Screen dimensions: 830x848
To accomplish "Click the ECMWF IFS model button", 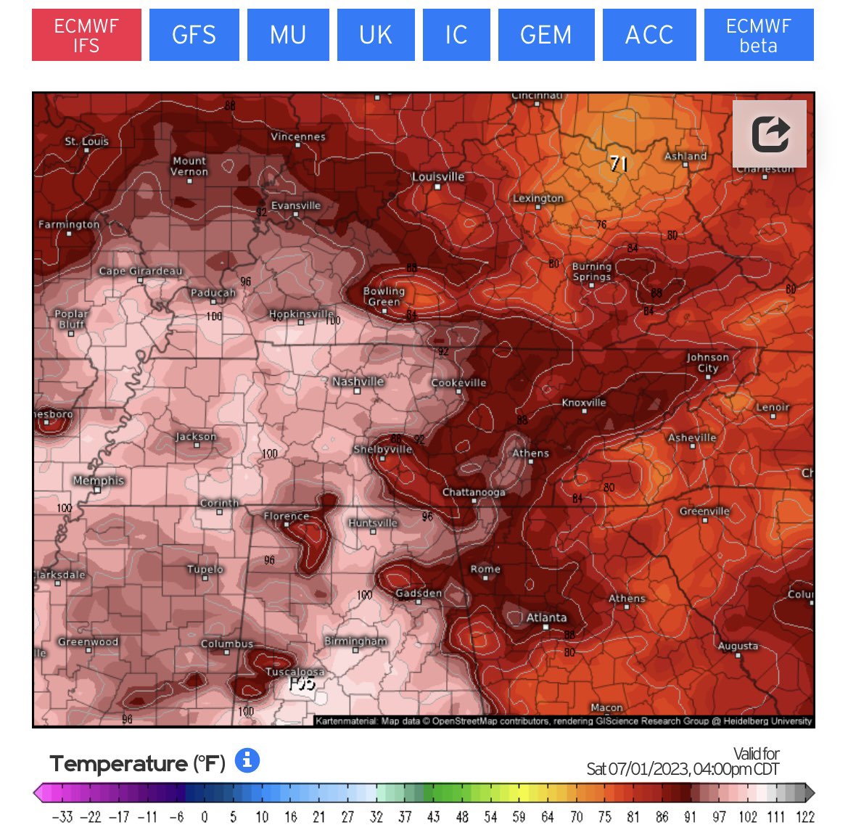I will [x=86, y=36].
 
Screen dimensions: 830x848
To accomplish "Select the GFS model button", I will [x=194, y=36].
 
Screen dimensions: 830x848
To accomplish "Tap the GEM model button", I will [x=546, y=36].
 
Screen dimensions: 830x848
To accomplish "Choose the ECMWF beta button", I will [x=758, y=36].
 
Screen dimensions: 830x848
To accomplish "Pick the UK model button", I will [x=375, y=36].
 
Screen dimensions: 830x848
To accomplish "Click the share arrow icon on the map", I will [x=769, y=134].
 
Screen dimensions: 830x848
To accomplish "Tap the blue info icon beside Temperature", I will [x=247, y=761].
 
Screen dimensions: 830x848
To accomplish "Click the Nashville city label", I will [x=358, y=382].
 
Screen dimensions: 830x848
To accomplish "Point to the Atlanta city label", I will [x=546, y=617].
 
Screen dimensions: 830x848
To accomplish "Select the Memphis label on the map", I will [x=99, y=481].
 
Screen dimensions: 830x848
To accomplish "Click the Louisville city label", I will [x=438, y=177].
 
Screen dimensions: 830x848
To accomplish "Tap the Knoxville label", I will [x=584, y=403].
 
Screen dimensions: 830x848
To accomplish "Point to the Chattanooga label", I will [x=474, y=493].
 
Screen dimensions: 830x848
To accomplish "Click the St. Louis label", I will [x=86, y=141].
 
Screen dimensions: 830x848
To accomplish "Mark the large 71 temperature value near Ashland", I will [x=618, y=164].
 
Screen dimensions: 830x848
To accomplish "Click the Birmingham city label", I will [x=355, y=641].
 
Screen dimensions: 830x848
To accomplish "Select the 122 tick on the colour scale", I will [x=805, y=817].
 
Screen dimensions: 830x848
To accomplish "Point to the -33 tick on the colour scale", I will [x=62, y=817].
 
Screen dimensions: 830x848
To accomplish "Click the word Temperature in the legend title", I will [x=118, y=764].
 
